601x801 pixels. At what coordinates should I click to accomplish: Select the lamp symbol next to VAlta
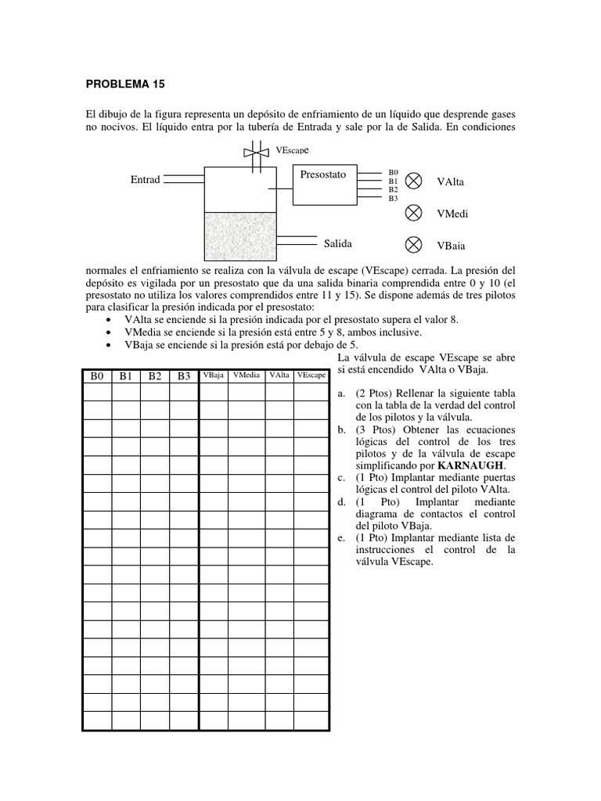coord(414,181)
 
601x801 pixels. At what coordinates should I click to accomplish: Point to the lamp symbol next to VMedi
coord(414,213)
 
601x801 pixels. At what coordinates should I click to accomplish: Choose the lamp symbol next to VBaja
coord(414,245)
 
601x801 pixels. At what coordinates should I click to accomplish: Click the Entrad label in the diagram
coord(145,180)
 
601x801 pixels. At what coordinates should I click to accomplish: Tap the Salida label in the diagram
coord(339,243)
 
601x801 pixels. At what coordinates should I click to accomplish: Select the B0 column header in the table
coord(97,376)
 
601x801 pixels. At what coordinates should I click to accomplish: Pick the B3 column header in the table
coord(184,376)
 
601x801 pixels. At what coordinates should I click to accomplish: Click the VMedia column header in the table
coord(247,375)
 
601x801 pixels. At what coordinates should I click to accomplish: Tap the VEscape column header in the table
coord(311,375)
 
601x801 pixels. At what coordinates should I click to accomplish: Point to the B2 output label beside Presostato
coord(393,189)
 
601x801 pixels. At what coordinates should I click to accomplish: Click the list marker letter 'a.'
coord(340,393)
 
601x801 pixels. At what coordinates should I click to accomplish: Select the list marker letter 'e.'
coord(340,537)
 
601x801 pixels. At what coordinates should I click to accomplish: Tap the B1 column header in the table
coord(126,376)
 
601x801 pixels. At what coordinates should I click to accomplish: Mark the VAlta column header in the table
coord(279,375)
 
